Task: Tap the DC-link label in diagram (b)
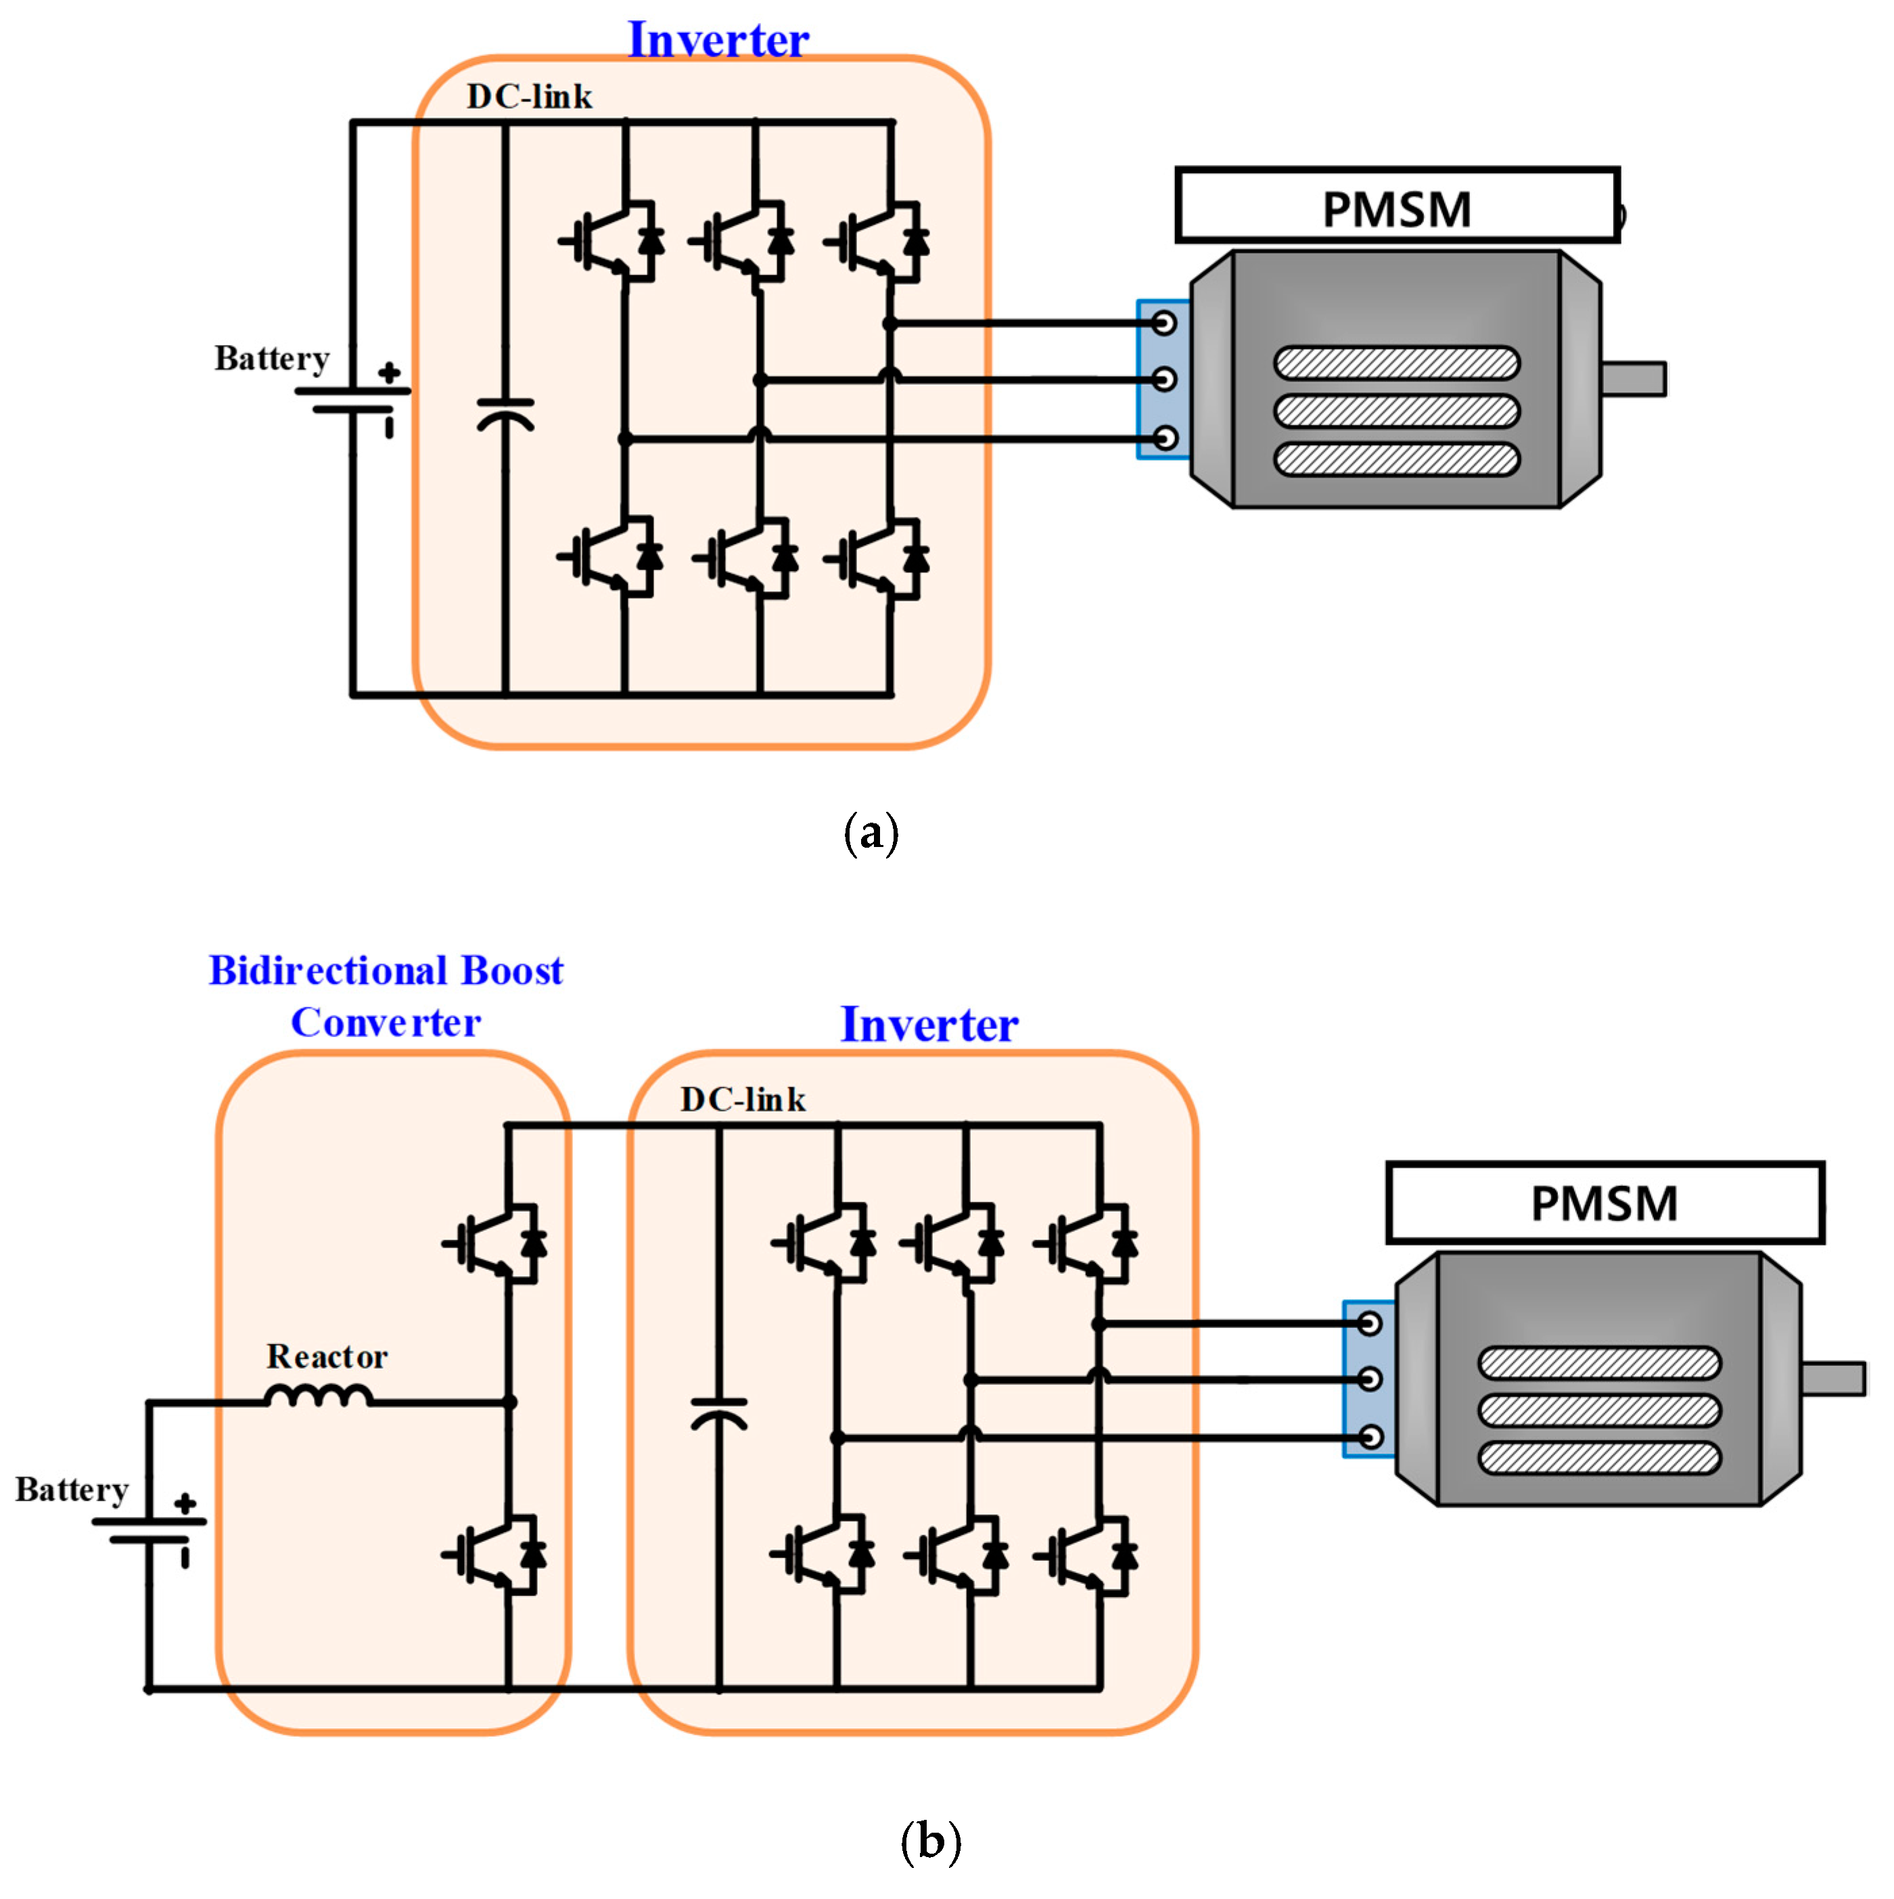point(743,1099)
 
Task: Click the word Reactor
point(327,1357)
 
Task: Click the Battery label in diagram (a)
point(271,359)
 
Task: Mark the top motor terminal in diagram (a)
point(1163,323)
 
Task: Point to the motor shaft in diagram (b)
point(1833,1378)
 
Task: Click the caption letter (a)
point(871,833)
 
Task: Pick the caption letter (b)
point(930,1840)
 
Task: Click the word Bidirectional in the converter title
point(330,971)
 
